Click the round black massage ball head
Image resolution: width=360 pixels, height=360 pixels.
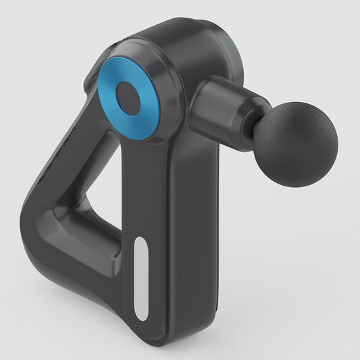click(x=297, y=145)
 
